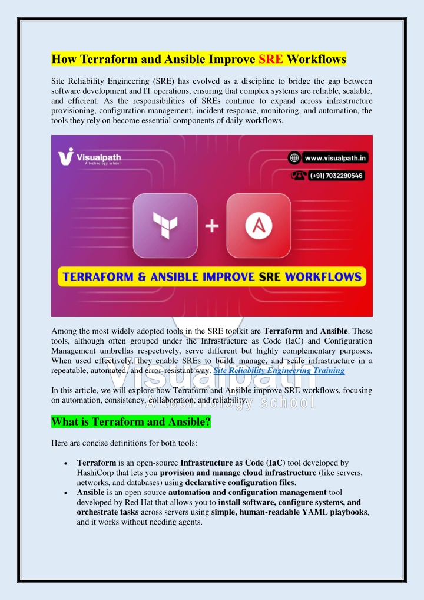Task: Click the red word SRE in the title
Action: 271,59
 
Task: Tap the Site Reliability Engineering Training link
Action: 279,371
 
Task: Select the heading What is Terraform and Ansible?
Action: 131,422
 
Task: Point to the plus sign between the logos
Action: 210,226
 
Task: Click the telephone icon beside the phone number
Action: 297,175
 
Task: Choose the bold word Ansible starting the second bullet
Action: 91,492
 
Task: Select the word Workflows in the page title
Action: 316,59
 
